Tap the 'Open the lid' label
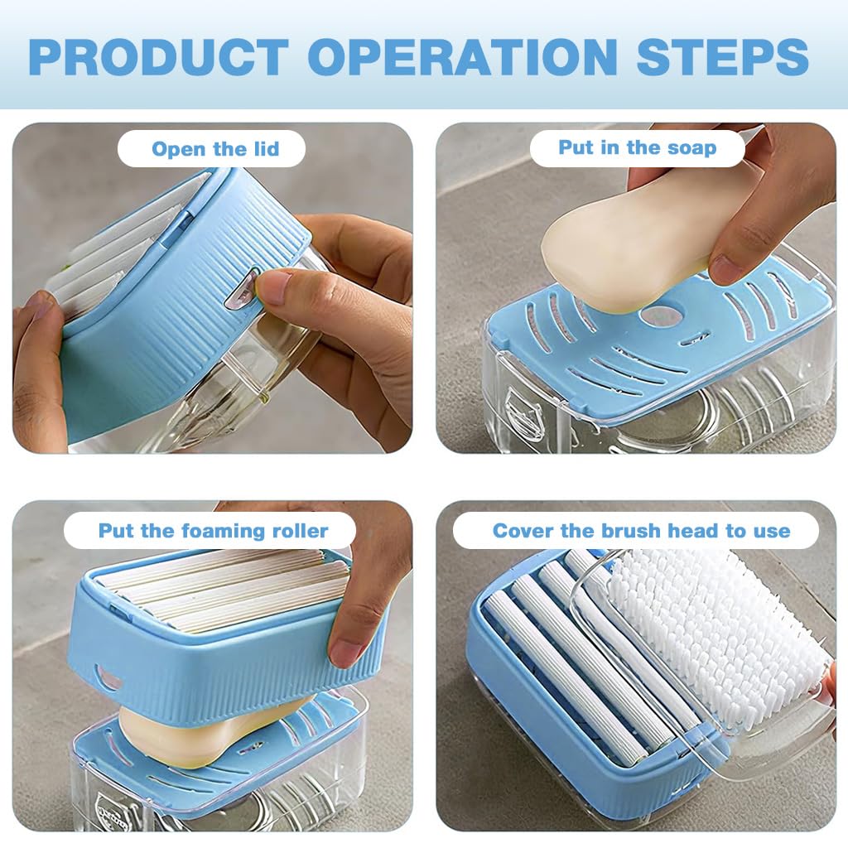[x=214, y=149]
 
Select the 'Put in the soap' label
[x=637, y=148]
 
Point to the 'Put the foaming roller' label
[x=213, y=531]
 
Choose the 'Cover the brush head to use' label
[x=641, y=531]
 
